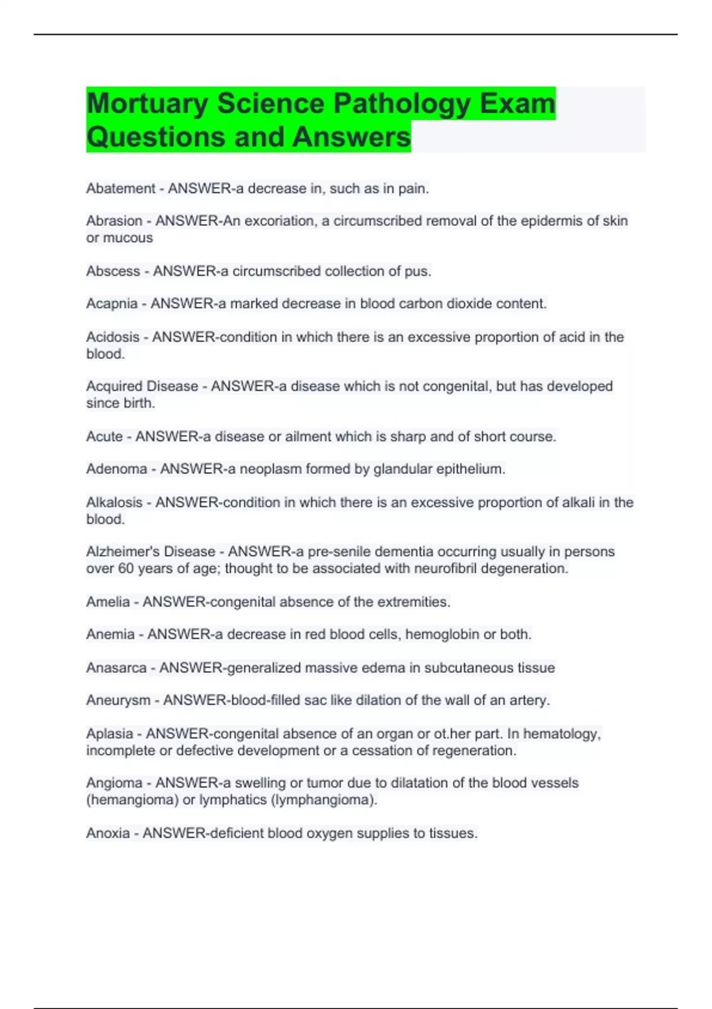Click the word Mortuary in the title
click(147, 104)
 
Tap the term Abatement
click(120, 189)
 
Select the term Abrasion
click(114, 221)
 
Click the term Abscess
click(113, 271)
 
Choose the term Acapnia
click(112, 304)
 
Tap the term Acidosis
click(113, 337)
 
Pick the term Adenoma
click(116, 469)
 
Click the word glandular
click(403, 469)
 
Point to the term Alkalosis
click(114, 503)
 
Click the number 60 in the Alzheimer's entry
click(126, 569)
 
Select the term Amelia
click(107, 602)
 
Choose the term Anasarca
click(116, 668)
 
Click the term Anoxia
click(107, 833)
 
